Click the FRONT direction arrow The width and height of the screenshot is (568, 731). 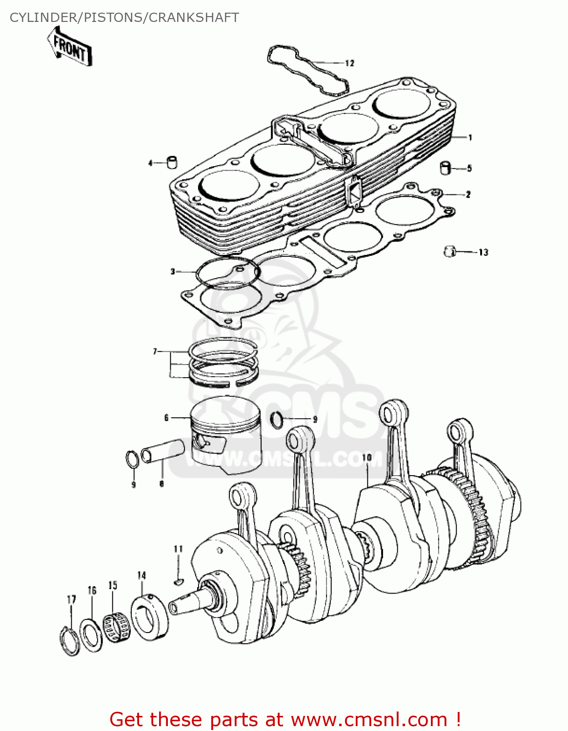[70, 47]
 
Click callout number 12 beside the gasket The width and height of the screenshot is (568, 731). [349, 63]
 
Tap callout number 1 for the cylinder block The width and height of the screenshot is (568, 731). [470, 137]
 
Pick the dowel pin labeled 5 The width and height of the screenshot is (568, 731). [446, 168]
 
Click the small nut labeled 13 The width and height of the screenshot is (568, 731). [449, 251]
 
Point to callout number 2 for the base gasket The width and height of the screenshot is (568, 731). [468, 194]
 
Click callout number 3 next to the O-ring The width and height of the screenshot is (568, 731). [173, 271]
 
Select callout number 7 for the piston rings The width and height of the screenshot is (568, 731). [155, 351]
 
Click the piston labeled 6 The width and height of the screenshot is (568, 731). [226, 436]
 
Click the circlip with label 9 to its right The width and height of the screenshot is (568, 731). [277, 420]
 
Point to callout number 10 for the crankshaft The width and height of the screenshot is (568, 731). [367, 458]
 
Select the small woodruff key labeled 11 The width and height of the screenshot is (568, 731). [179, 581]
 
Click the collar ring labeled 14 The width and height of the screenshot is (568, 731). [150, 617]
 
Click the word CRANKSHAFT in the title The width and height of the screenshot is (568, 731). [194, 18]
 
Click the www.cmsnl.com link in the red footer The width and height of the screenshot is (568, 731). [369, 719]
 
